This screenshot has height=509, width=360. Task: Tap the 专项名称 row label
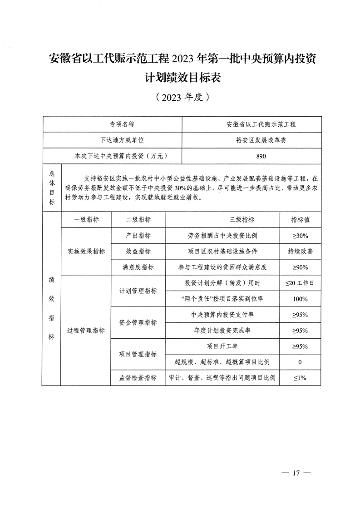122,124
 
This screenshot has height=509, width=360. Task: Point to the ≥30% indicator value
300,236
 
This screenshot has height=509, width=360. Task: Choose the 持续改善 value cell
300,252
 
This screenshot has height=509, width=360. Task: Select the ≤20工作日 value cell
300,283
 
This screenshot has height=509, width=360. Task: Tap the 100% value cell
300,299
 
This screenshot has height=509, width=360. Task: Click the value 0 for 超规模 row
300,362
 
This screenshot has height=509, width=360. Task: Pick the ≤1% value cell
300,378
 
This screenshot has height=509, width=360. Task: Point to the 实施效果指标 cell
86,252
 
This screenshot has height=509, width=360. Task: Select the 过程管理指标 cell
86,331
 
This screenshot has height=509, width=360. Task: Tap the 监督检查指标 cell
138,378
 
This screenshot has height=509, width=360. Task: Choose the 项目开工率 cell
222,346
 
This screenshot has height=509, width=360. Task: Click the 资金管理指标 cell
138,322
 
